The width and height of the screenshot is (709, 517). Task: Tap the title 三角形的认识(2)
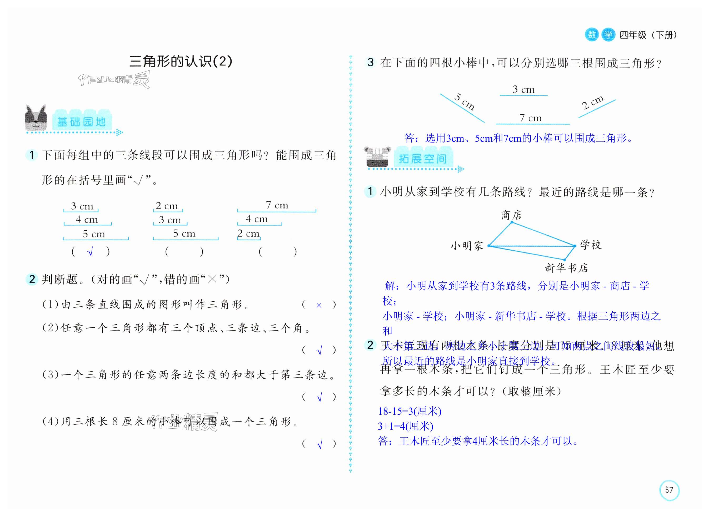click(x=181, y=61)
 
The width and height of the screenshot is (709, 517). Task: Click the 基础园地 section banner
click(x=81, y=122)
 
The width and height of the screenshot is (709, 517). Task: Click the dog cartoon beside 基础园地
click(x=36, y=118)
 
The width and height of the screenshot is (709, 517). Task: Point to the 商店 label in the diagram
click(x=511, y=215)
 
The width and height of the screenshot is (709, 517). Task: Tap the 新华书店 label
click(x=566, y=268)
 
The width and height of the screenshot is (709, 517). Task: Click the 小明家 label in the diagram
click(x=467, y=246)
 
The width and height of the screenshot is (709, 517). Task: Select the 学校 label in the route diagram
click(x=591, y=245)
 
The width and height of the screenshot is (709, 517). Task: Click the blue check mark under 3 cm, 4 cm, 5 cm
click(x=90, y=252)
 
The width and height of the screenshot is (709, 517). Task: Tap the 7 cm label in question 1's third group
click(x=277, y=205)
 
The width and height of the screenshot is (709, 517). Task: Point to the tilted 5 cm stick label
click(x=465, y=102)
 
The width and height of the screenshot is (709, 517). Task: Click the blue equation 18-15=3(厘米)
click(x=410, y=411)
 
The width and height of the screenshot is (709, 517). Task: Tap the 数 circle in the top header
click(x=592, y=34)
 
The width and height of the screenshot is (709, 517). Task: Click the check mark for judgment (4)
click(x=319, y=444)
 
